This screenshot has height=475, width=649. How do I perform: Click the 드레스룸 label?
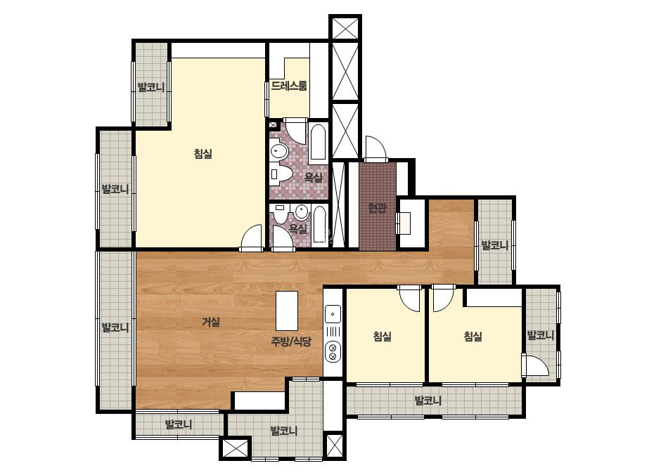click(289, 86)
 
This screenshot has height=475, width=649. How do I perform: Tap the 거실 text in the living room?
click(211, 322)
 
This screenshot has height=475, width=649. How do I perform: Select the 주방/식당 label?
click(291, 341)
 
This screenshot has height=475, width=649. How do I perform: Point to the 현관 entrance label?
click(377, 208)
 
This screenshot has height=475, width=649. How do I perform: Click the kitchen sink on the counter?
click(333, 314)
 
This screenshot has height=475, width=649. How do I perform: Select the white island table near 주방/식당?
click(287, 311)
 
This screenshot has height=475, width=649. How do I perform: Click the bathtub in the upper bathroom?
click(318, 141)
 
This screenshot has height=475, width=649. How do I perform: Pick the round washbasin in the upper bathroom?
click(278, 151)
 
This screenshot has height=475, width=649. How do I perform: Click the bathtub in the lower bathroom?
click(319, 225)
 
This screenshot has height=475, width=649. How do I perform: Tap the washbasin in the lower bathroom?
click(302, 212)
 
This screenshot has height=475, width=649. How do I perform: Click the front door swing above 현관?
click(375, 148)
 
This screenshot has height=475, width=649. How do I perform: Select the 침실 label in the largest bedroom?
click(203, 154)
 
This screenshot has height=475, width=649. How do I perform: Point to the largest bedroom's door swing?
click(252, 238)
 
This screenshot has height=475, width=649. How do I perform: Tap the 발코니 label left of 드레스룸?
click(151, 87)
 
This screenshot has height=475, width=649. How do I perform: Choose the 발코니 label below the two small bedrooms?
click(428, 401)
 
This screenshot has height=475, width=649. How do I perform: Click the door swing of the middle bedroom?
click(409, 298)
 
